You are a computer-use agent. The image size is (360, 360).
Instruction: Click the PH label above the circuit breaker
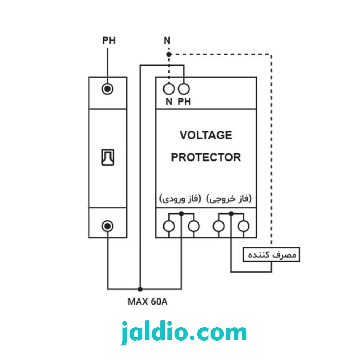pos(109,40)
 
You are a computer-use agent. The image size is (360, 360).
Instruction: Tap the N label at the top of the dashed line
pos(167,40)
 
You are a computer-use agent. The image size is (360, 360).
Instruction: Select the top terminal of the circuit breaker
pos(107,89)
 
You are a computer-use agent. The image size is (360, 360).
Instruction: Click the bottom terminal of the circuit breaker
pos(107,226)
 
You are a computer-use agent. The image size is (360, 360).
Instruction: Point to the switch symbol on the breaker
pos(108,158)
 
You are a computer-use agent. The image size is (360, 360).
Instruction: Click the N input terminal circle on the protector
pos(169,89)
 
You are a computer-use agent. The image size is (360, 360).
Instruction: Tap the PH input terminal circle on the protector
pos(184,89)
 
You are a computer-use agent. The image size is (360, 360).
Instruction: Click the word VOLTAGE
pos(206,135)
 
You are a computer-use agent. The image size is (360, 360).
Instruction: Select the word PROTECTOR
pos(206,158)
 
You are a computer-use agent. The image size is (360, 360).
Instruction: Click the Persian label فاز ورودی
pos(180,199)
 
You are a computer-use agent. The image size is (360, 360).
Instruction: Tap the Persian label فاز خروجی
pos(229,199)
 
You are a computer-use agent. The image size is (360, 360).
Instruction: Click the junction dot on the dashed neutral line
pos(169,54)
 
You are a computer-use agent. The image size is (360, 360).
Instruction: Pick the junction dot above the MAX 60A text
pos(140,289)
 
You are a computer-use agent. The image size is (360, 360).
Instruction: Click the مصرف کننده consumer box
pos(271,255)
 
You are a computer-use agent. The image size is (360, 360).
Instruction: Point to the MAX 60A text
pos(147,302)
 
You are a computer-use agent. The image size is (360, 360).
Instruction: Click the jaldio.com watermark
pos(184,332)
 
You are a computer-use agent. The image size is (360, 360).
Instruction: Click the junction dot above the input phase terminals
pos(181,214)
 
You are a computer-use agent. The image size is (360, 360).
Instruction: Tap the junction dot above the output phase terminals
pos(231,214)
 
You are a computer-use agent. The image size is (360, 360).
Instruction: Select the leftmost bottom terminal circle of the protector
pos(169,226)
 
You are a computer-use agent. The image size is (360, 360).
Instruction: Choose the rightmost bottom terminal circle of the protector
pos(244,226)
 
